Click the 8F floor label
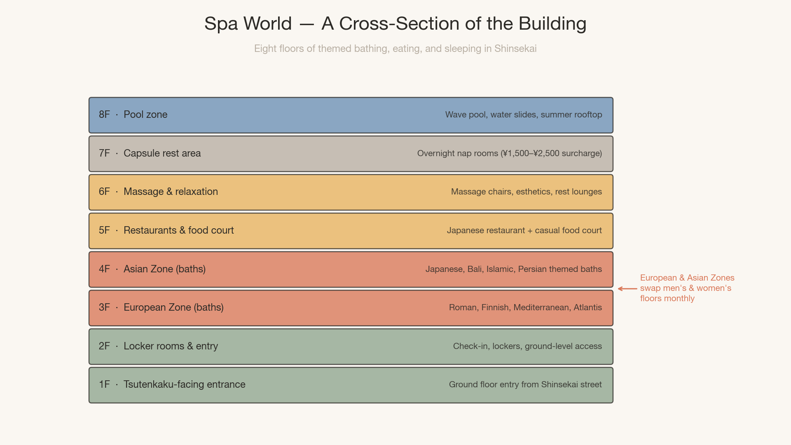click(104, 115)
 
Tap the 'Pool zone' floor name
click(145, 115)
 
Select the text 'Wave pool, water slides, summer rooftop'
click(523, 115)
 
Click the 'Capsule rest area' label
click(162, 153)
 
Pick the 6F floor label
click(104, 192)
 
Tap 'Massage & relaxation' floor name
click(171, 192)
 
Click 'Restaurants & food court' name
click(178, 230)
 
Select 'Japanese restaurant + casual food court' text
click(524, 230)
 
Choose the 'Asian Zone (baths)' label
click(164, 269)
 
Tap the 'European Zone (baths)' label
click(173, 307)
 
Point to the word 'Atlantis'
click(587, 307)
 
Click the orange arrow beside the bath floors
click(627, 289)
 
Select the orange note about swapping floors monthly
click(687, 288)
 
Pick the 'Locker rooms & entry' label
click(171, 346)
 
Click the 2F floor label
click(104, 346)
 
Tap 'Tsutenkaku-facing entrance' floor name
click(184, 384)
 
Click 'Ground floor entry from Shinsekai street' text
click(525, 384)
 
